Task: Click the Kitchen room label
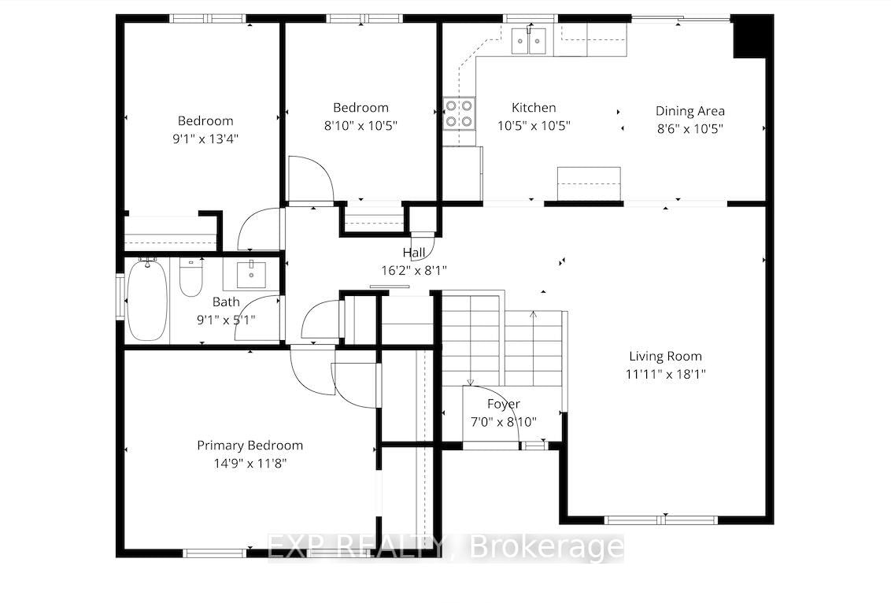pyautogui.click(x=534, y=107)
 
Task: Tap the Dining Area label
pyautogui.click(x=690, y=111)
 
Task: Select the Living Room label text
pyautogui.click(x=665, y=357)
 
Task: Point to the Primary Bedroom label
pyautogui.click(x=250, y=446)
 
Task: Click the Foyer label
pyautogui.click(x=504, y=404)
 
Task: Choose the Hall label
pyautogui.click(x=414, y=253)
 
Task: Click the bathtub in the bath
pyautogui.click(x=146, y=299)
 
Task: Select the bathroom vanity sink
pyautogui.click(x=251, y=275)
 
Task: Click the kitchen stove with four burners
pyautogui.click(x=459, y=113)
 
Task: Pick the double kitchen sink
pyautogui.click(x=528, y=40)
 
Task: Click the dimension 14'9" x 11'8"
pyautogui.click(x=250, y=463)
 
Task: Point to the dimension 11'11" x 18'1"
pyautogui.click(x=665, y=374)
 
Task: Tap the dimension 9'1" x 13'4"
pyautogui.click(x=205, y=138)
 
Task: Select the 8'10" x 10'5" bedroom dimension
pyautogui.click(x=360, y=125)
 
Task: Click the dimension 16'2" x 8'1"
pyautogui.click(x=414, y=271)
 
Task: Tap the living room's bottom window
pyautogui.click(x=661, y=520)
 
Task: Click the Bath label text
pyautogui.click(x=226, y=301)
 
